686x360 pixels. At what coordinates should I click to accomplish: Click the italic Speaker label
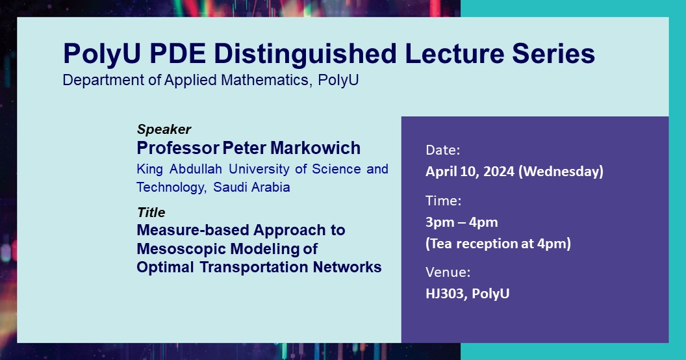pyautogui.click(x=164, y=129)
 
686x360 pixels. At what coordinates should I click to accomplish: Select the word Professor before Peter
pyautogui.click(x=178, y=148)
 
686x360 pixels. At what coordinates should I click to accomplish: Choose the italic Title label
pyautogui.click(x=151, y=212)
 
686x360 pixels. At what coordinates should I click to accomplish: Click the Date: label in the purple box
pyautogui.click(x=443, y=150)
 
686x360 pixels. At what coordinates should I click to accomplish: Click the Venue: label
pyautogui.click(x=448, y=272)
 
